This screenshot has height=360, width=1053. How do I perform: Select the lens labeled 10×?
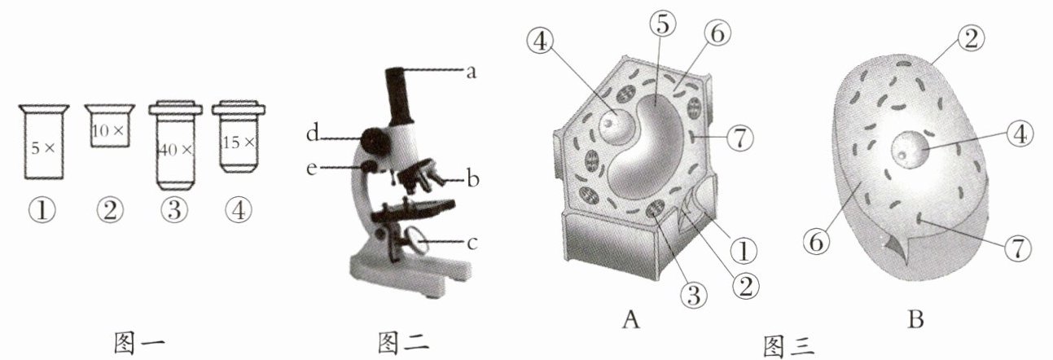pos(109,127)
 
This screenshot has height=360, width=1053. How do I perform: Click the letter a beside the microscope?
pos(470,72)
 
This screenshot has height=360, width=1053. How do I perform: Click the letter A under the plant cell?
pos(630,320)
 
